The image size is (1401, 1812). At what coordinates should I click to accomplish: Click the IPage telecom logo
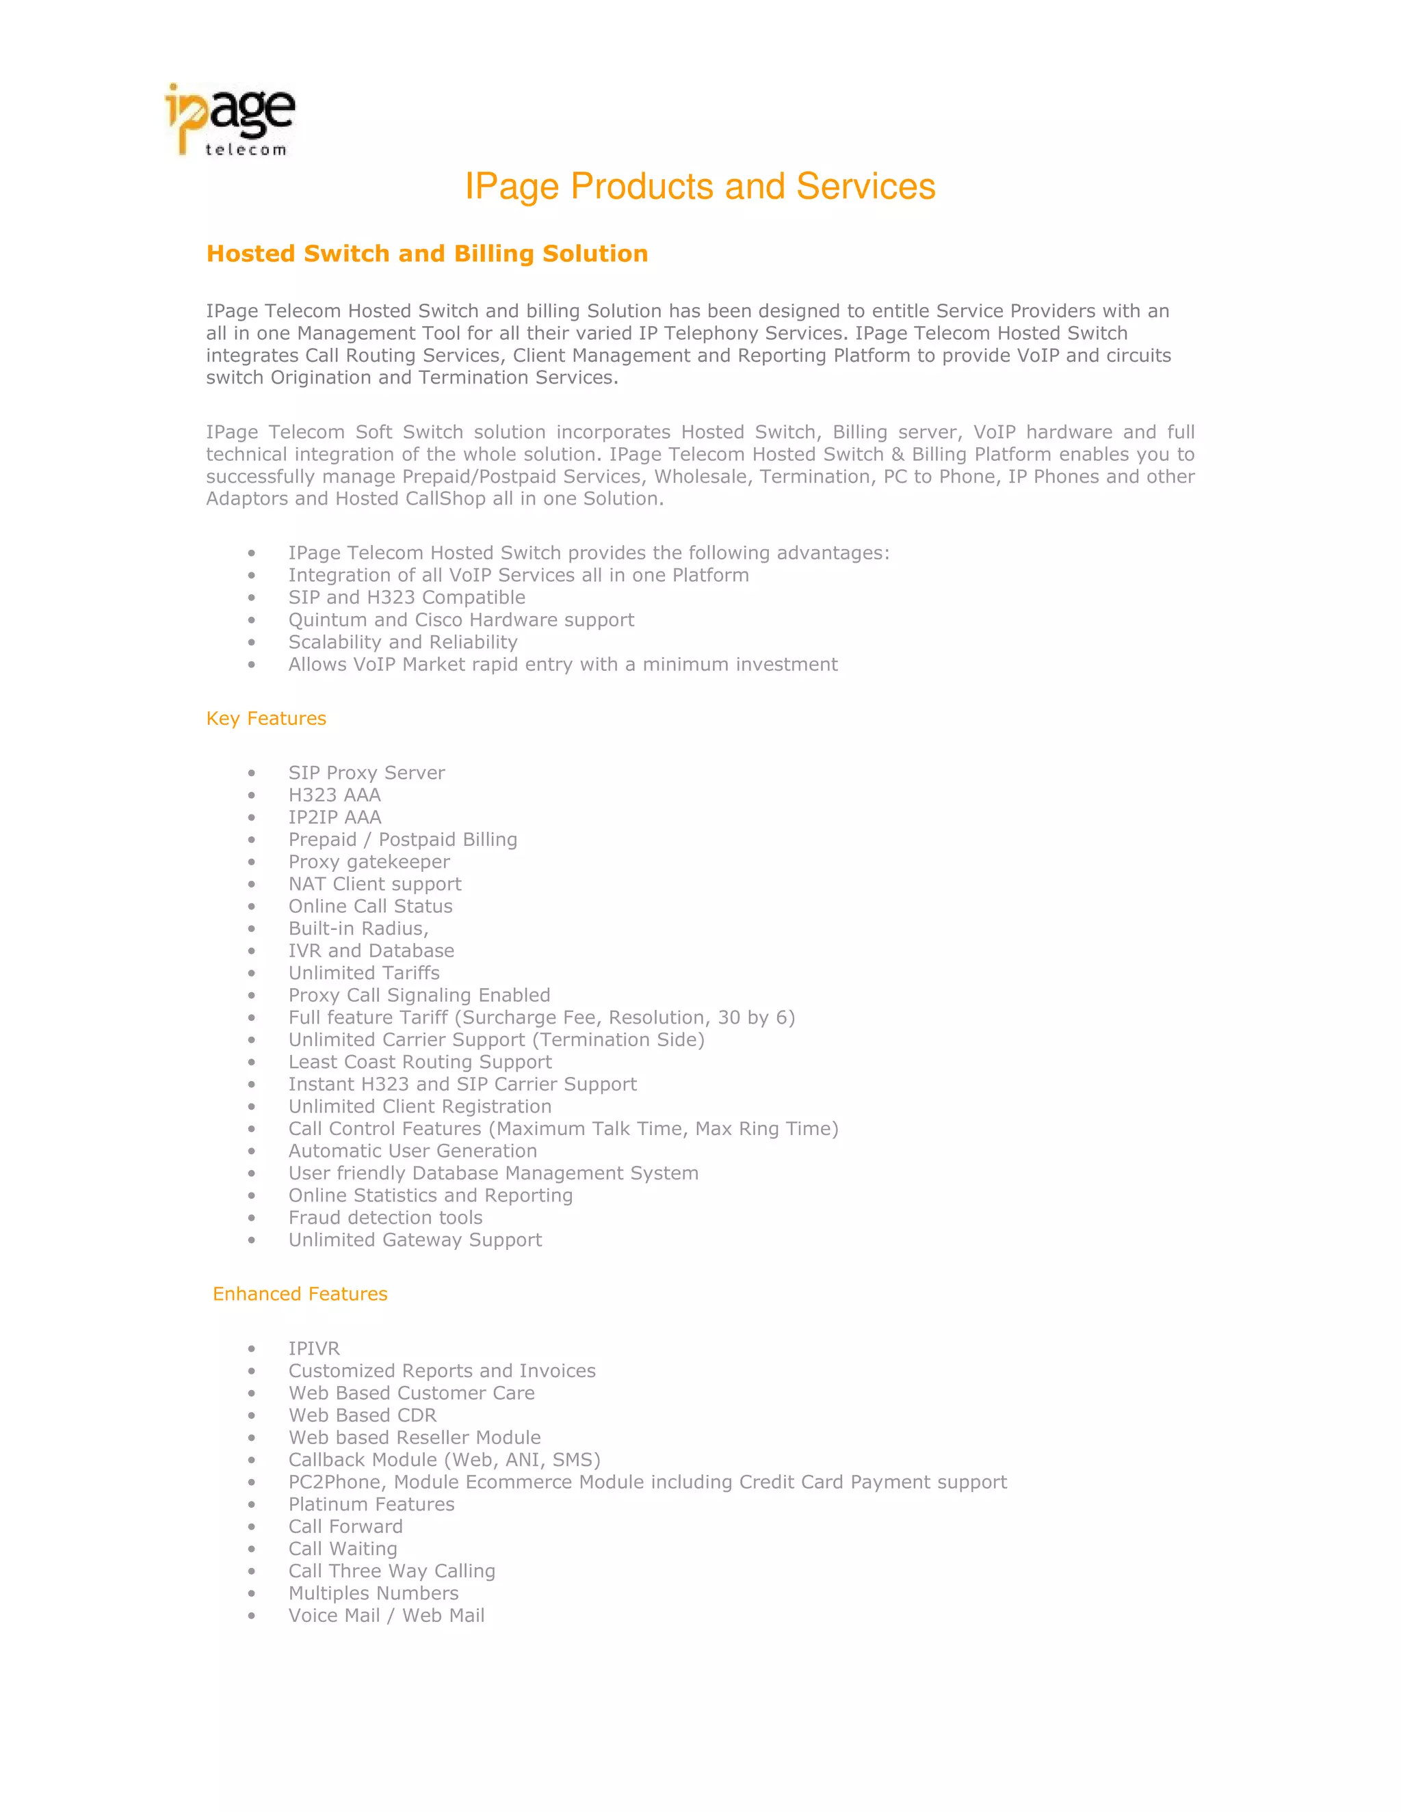[230, 120]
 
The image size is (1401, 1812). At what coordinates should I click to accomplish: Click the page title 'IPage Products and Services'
[700, 187]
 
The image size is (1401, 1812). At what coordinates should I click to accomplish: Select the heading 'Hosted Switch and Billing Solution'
[427, 254]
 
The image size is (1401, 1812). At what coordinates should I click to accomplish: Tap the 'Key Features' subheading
[265, 719]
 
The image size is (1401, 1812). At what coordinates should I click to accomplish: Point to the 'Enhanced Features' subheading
[300, 1294]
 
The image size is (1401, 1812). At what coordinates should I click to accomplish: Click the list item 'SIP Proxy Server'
[366, 773]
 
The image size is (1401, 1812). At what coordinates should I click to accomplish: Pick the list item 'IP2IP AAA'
[335, 818]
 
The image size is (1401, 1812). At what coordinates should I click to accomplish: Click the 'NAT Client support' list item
[374, 884]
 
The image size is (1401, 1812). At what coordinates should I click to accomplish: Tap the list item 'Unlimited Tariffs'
[363, 973]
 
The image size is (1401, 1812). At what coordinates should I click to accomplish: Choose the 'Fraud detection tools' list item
[385, 1218]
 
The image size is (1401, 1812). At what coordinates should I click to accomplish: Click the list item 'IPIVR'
[314, 1349]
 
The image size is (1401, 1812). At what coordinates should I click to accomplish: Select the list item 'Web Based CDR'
[362, 1415]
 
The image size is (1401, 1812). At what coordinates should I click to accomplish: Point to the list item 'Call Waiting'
[343, 1549]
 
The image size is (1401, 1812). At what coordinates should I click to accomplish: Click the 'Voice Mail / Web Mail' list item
[386, 1615]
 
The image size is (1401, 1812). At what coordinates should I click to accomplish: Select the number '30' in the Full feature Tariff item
[729, 1018]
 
